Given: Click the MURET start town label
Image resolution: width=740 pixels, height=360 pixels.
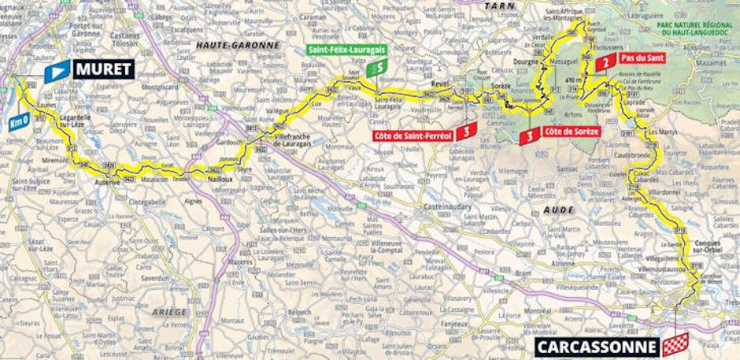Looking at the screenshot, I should coord(102,69).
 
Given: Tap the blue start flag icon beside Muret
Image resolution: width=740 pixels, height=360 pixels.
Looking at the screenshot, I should coord(56,72).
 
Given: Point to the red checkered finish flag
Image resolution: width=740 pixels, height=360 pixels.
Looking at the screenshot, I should coord(675,344).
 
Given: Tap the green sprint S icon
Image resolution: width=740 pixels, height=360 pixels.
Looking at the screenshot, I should coord(378,68).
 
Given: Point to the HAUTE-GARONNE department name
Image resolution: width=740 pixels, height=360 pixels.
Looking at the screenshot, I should coord(237,45).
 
